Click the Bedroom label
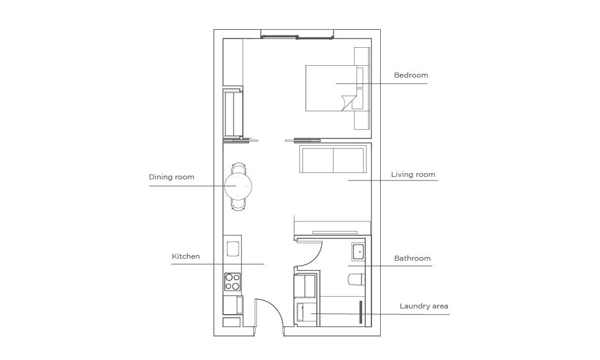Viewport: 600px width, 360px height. (x=411, y=75)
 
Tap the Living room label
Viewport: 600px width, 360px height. (x=413, y=174)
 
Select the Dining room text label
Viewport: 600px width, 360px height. (x=171, y=177)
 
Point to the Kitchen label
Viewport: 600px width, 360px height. (x=186, y=256)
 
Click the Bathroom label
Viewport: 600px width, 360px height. (x=412, y=258)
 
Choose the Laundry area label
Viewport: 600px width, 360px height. (x=424, y=306)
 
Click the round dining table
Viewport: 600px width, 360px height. (x=238, y=186)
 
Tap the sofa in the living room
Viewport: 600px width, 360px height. (x=333, y=159)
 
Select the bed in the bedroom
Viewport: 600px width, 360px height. (x=332, y=88)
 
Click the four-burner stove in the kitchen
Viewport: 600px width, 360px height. (x=232, y=282)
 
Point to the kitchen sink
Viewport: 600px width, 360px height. (x=233, y=249)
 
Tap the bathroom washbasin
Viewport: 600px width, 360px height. (x=359, y=252)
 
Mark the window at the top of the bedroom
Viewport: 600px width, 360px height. (x=298, y=37)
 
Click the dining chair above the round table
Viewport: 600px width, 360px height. (x=239, y=168)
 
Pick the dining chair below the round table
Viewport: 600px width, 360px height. (x=239, y=205)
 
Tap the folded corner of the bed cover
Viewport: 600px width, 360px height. (x=348, y=101)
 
